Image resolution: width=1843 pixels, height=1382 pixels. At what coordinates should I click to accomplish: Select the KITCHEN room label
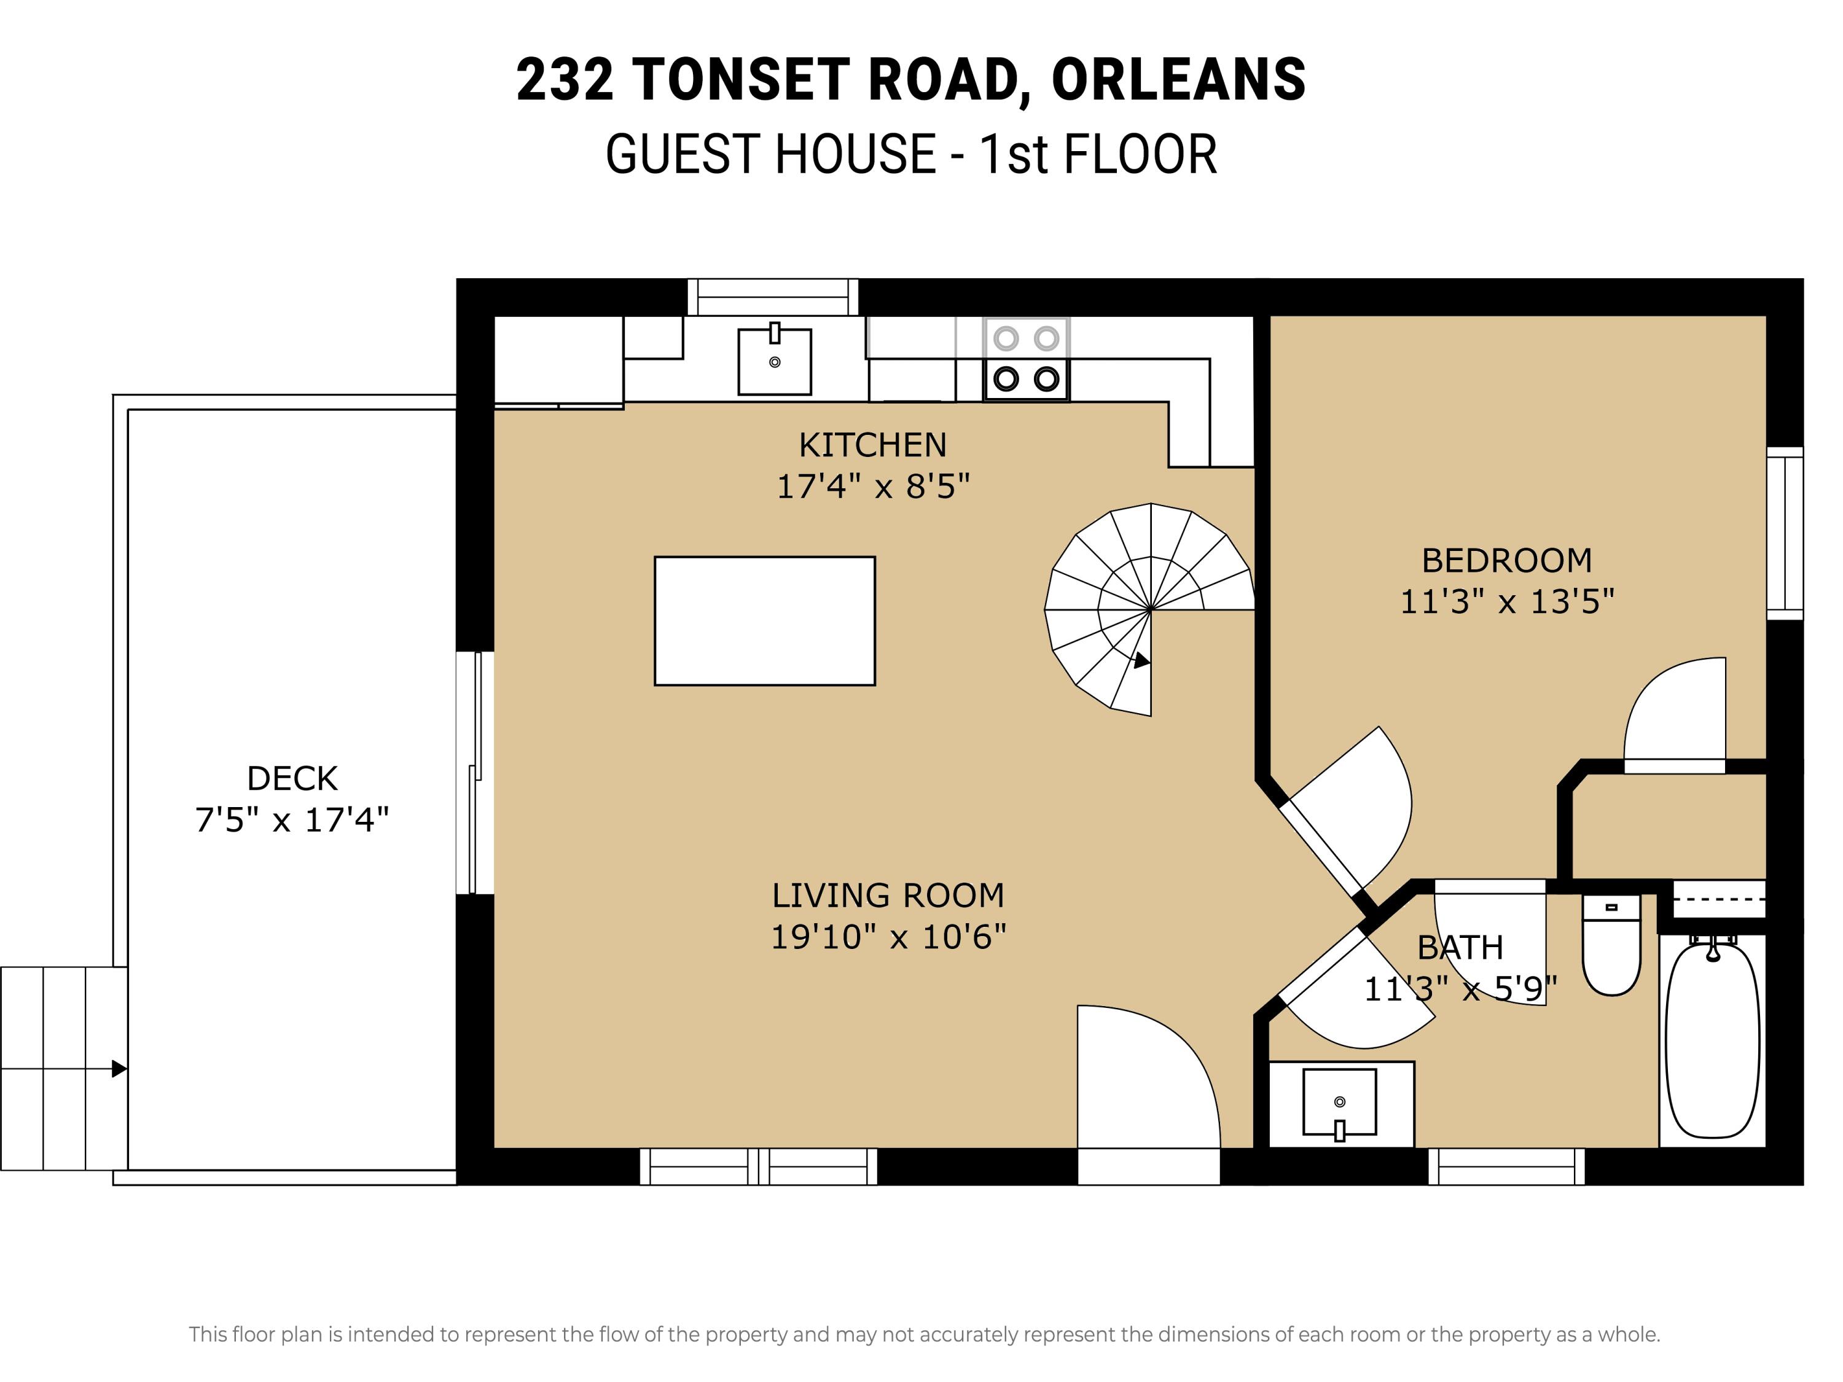point(872,446)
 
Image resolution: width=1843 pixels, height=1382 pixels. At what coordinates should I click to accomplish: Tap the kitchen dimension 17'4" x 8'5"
point(873,486)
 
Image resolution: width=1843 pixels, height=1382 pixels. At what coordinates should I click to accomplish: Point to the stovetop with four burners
point(1026,359)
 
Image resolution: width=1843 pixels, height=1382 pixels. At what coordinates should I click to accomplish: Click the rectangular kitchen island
point(764,620)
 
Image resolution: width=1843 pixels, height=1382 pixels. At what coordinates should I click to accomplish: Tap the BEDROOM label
point(1506,561)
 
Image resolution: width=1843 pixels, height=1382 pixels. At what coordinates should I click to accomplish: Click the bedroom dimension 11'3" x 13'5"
point(1506,601)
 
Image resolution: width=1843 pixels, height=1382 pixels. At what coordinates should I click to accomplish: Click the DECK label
point(292,779)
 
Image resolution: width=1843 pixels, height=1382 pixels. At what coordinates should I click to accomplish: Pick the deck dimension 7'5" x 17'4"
point(292,820)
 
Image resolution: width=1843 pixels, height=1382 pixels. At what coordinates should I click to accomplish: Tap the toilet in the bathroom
point(1611,945)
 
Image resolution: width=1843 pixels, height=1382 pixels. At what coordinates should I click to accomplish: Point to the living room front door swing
point(1148,1077)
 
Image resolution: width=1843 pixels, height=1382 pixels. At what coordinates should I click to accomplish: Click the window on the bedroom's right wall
point(1785,533)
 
